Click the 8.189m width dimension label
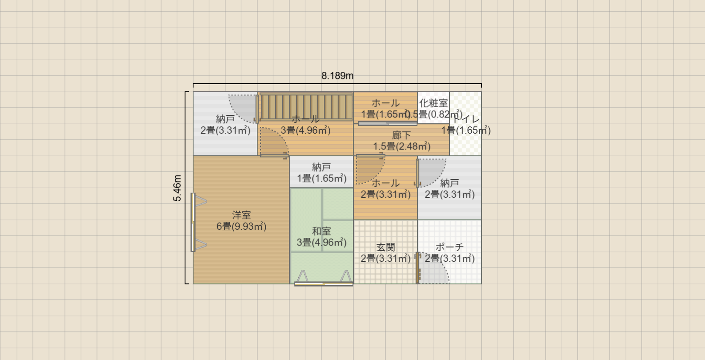[337, 76]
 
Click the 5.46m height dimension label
[177, 188]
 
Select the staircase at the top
[306, 107]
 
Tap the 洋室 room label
[241, 215]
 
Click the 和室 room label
[321, 231]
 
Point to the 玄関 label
[385, 247]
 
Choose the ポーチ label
[449, 247]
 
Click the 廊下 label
[401, 135]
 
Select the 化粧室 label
[433, 103]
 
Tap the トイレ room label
[467, 119]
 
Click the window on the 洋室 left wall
[194, 222]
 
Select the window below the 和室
[323, 283]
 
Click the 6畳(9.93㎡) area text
[241, 226]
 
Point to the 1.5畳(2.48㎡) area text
[401, 146]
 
